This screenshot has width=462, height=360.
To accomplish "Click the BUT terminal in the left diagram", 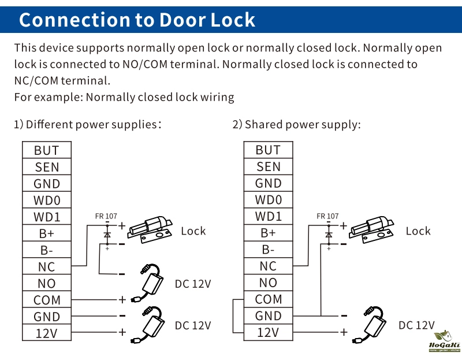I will click(x=47, y=150).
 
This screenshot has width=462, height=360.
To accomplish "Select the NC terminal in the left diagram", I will click(x=47, y=267).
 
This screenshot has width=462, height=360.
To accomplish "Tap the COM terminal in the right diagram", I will click(x=268, y=299).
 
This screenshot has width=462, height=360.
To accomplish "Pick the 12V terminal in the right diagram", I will click(x=268, y=333).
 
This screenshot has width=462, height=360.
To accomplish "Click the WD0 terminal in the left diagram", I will click(x=47, y=201).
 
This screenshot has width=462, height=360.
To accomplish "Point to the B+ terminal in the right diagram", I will click(x=268, y=233).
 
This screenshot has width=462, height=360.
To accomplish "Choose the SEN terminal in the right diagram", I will click(x=268, y=167).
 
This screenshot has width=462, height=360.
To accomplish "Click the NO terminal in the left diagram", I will click(x=47, y=284).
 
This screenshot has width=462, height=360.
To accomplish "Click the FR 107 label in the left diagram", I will click(x=106, y=217).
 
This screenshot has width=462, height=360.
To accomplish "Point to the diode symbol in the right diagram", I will click(x=329, y=235).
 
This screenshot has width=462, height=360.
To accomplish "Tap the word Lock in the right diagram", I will click(x=418, y=231).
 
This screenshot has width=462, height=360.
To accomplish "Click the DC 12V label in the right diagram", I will click(x=416, y=325).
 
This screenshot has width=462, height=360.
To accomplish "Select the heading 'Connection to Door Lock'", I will click(x=137, y=20).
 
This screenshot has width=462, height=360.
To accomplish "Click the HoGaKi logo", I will click(x=444, y=342).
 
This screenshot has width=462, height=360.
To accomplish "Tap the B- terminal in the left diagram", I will click(x=47, y=250).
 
